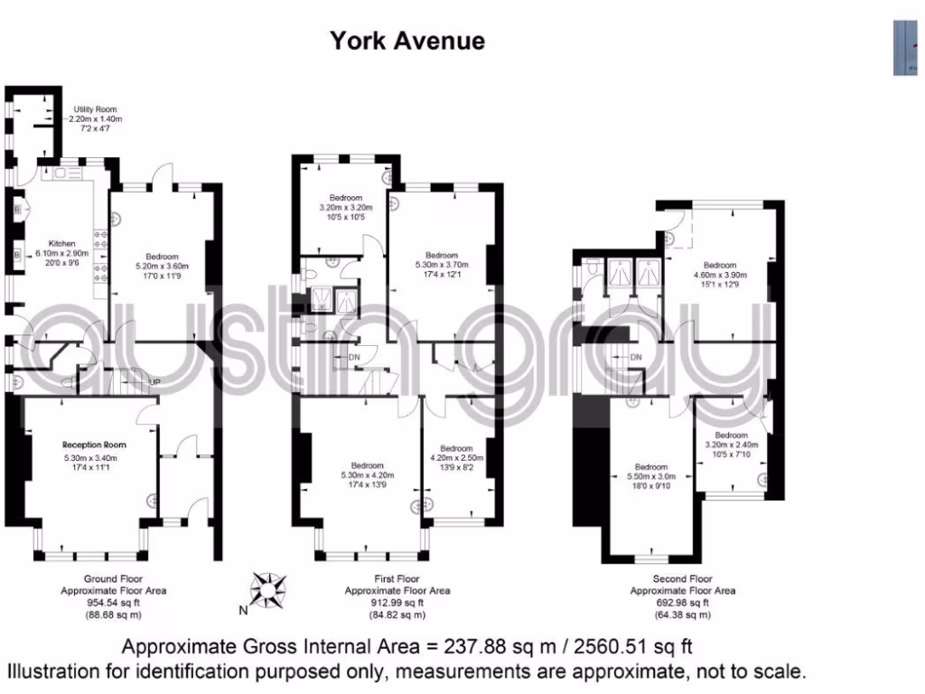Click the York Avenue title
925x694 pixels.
406,41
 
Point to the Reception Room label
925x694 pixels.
94,445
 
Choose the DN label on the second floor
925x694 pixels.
636,358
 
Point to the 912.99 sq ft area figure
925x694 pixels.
397,603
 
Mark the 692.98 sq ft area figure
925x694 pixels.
682,603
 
